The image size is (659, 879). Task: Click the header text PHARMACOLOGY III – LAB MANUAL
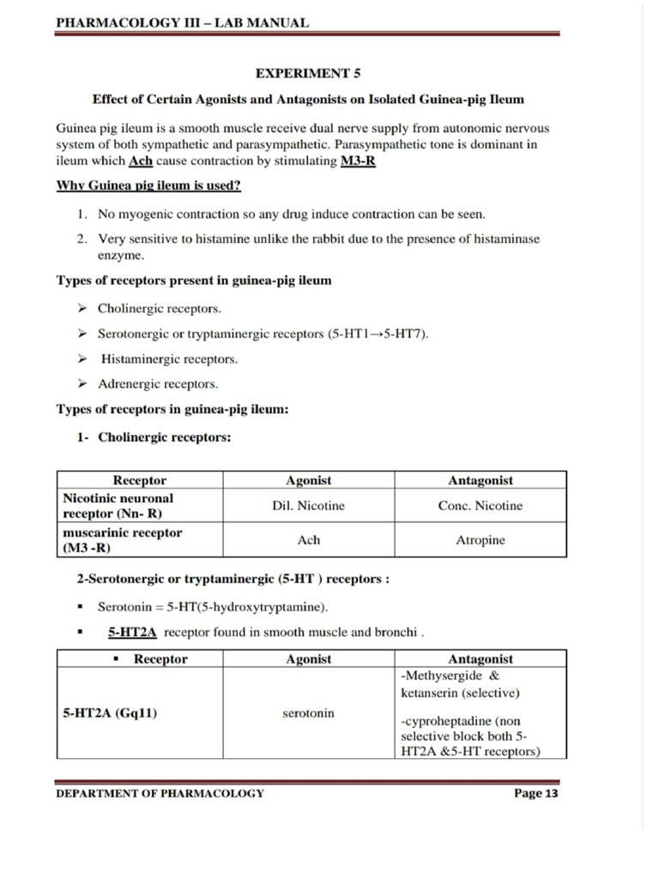coord(182,22)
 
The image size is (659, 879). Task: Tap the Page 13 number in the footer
coord(535,793)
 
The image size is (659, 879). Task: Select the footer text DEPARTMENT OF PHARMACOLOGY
coord(160,793)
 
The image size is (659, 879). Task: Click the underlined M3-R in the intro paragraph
coord(358,162)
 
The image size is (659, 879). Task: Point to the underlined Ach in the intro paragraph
coord(140,162)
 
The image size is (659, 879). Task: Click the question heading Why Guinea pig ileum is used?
coord(148,185)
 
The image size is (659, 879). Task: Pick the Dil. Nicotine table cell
coord(308,506)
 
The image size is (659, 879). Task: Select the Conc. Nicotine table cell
coord(480,506)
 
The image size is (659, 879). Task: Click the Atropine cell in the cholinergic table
coord(480,540)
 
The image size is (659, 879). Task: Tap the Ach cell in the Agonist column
coord(308,540)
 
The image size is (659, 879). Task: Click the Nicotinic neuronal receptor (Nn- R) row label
coord(118,506)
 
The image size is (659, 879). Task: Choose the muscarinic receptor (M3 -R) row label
coord(123,540)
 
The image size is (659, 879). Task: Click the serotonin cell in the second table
coord(308,713)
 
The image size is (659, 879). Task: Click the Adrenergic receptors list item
coord(158,384)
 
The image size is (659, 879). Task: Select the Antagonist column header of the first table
coord(480,481)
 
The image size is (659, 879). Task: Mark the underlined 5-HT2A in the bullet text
coord(132,633)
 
